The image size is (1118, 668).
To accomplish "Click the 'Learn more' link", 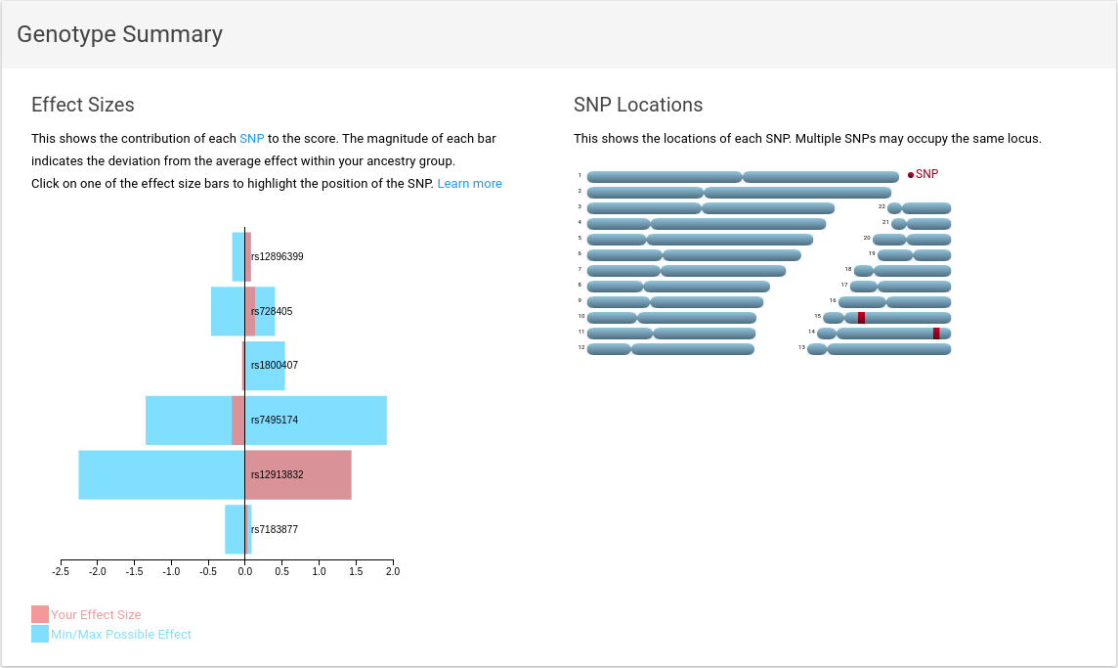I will (469, 184).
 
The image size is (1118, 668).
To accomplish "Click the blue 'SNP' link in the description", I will (252, 139).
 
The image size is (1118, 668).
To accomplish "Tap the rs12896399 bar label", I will (277, 257).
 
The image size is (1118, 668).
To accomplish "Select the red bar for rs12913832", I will (298, 475).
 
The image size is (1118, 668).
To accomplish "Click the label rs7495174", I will (275, 421).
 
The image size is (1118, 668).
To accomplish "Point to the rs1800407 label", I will (275, 366).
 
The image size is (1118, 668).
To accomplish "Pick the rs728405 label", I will (272, 312).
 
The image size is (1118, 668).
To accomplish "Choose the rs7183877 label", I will (275, 530).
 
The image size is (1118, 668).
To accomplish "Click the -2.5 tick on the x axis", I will (60, 571).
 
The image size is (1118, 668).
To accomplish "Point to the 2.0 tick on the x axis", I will (392, 571).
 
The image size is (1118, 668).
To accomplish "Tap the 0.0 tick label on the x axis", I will (244, 571).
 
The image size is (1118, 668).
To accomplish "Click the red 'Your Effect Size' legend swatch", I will (40, 614).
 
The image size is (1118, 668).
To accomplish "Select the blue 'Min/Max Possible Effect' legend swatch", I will (40, 634).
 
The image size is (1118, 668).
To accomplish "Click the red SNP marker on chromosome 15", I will (861, 318).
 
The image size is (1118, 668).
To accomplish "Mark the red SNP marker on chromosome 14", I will (936, 334).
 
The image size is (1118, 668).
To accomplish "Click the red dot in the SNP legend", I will (911, 175).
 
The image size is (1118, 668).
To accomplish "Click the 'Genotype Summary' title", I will (120, 35).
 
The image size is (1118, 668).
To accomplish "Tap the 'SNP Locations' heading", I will (638, 106).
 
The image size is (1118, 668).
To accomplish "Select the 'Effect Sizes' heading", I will (83, 106).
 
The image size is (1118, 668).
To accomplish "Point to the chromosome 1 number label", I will (580, 176).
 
